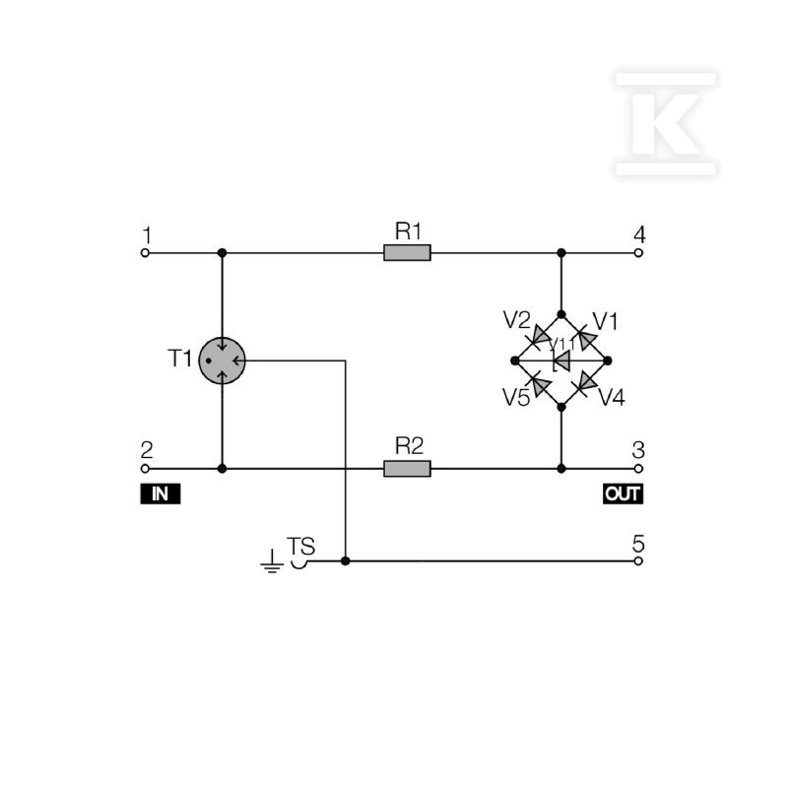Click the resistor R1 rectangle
(x=407, y=253)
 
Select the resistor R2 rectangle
(x=407, y=469)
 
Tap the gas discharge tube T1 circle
(x=223, y=361)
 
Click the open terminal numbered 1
(x=145, y=253)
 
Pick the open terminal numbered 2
(x=145, y=469)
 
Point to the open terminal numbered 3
(x=638, y=469)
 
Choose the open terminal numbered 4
(x=638, y=253)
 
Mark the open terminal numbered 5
(x=638, y=560)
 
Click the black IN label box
(x=161, y=493)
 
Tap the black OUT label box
(x=623, y=493)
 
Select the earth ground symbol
(x=272, y=561)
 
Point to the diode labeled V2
(x=539, y=337)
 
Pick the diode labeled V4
(x=585, y=384)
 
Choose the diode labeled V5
(x=539, y=384)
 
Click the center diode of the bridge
(x=561, y=361)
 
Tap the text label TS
(x=300, y=546)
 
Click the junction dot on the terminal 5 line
(x=346, y=560)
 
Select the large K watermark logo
(x=666, y=124)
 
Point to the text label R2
(x=409, y=446)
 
